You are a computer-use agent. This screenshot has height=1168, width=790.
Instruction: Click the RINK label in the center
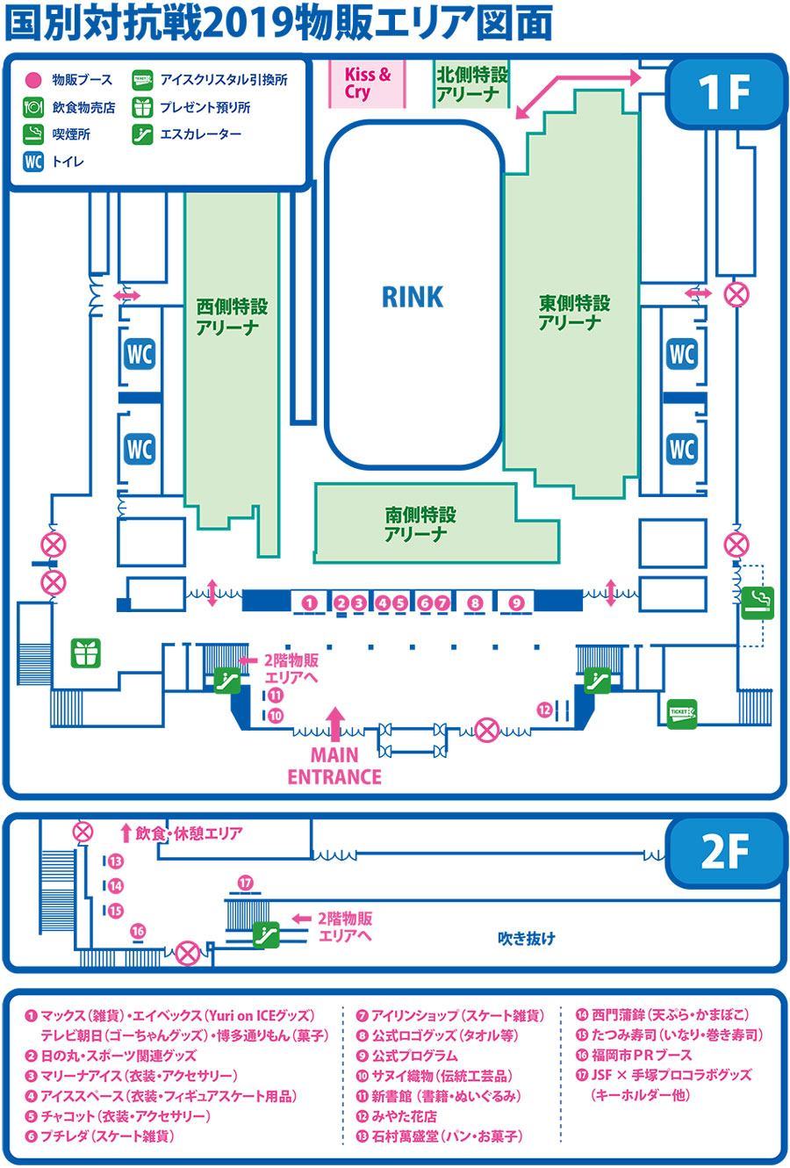pos(413,297)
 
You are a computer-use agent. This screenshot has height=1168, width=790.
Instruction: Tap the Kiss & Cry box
pos(367,83)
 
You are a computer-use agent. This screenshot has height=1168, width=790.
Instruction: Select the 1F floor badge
pos(725,91)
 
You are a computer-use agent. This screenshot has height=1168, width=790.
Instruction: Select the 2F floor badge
pos(725,850)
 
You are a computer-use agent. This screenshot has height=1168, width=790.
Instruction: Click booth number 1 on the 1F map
pos(309,602)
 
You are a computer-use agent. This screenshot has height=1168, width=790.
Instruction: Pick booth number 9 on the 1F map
pos(516,602)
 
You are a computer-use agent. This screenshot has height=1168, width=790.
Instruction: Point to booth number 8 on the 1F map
pos(475,602)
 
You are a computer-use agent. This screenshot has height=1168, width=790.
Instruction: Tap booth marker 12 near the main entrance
pos(545,710)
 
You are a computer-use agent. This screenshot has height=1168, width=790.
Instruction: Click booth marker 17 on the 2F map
pos(245,883)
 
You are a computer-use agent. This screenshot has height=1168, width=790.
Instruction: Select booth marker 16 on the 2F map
pos(138,931)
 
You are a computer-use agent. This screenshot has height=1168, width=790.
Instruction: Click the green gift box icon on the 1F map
pos(86,652)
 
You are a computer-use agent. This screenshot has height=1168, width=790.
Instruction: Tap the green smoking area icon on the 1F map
pos(757,602)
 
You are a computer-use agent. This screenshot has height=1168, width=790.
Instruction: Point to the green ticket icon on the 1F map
pos(681,713)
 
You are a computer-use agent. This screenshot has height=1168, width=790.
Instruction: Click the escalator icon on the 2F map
pos(266,934)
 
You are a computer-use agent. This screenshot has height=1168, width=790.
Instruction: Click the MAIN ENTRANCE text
pos(334,766)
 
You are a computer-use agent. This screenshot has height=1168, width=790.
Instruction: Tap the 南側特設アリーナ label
pos(420,524)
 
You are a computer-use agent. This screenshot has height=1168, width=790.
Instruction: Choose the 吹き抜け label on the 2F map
pos(527,938)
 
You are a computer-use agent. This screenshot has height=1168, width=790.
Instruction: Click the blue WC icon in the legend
pos(33,162)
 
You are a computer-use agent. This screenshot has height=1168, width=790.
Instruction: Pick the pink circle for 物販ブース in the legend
pos(33,80)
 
